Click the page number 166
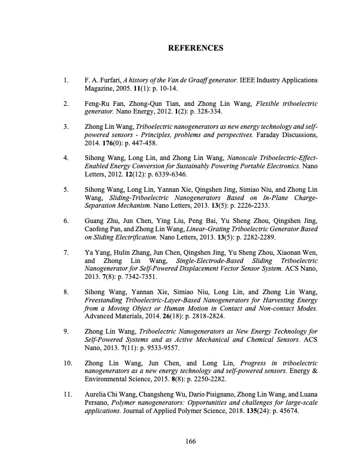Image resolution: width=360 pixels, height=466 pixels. pos(189,441)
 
